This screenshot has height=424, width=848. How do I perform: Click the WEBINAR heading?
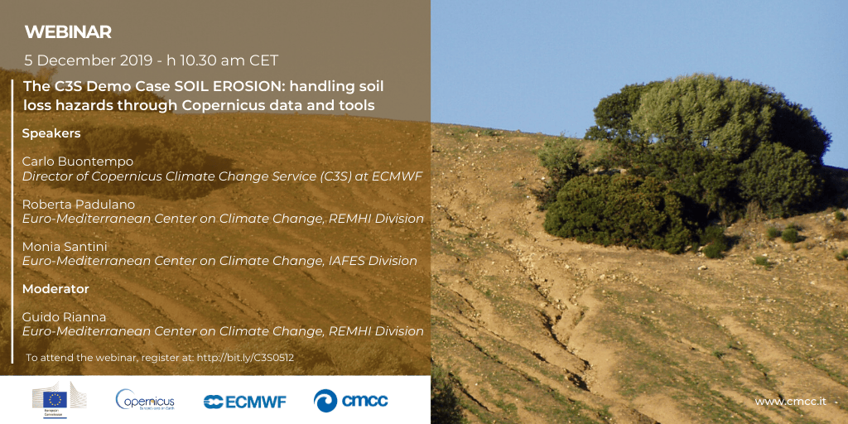pos(68,32)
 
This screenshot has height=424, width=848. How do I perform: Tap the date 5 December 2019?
pos(88,60)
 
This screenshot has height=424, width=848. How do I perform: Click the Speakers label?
pos(51,133)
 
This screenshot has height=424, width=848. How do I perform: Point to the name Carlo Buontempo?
pos(77,161)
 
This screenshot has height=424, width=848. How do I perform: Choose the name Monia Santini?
pos(65,247)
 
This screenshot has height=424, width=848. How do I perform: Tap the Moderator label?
pos(55,289)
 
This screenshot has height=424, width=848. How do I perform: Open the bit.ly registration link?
pos(245,358)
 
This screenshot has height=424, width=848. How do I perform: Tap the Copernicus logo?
pos(145,401)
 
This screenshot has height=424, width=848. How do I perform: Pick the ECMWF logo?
pos(244,402)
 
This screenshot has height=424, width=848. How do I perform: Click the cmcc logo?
pos(350,401)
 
